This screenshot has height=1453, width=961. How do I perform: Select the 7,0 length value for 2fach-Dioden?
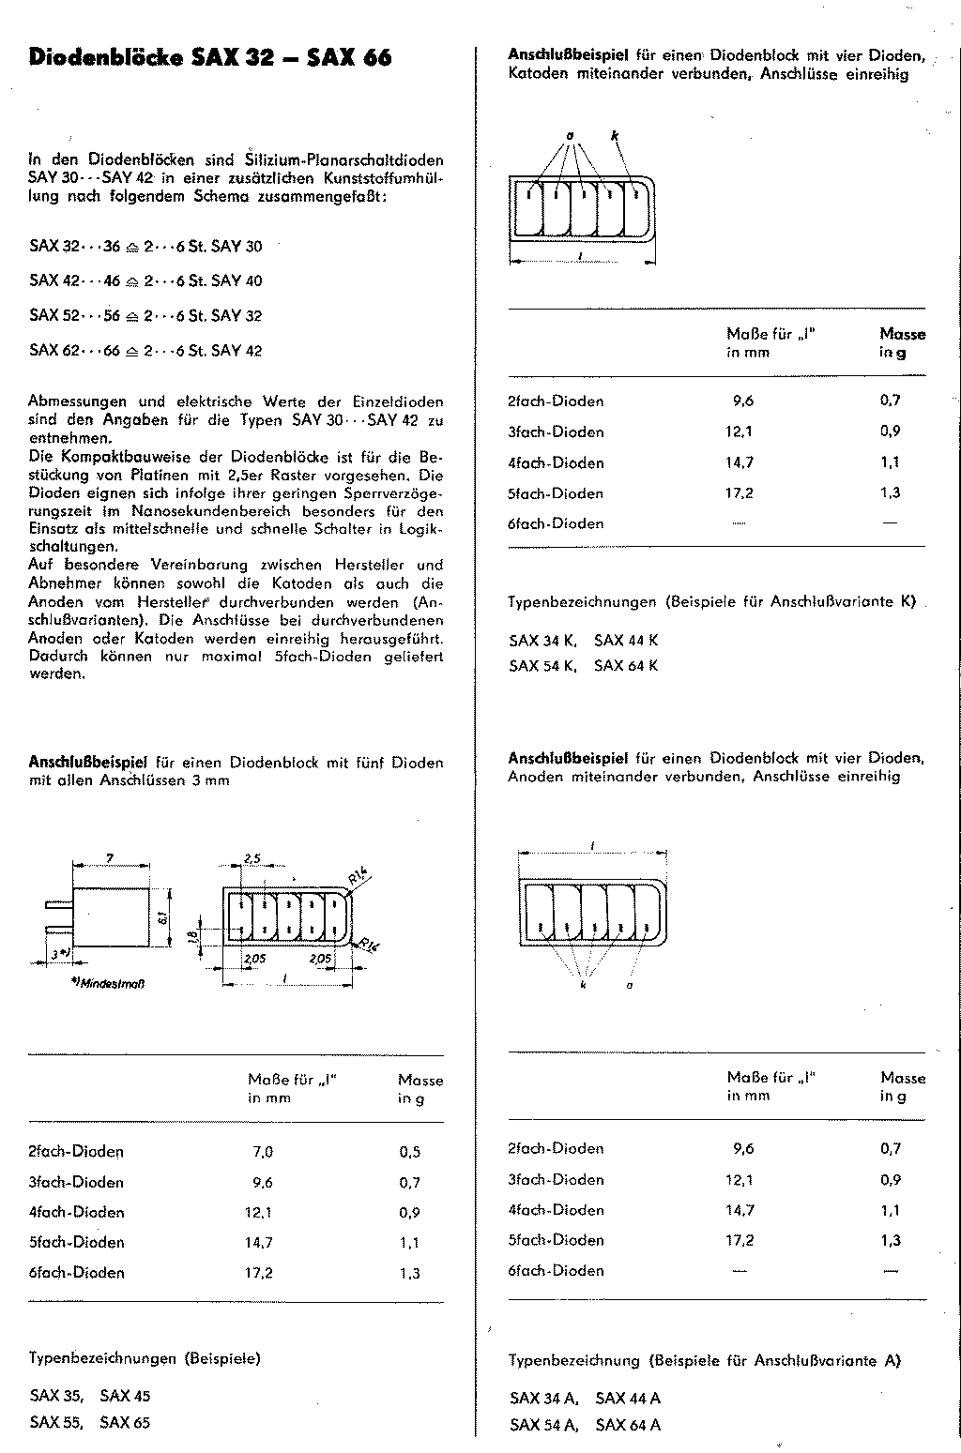pos(262,1152)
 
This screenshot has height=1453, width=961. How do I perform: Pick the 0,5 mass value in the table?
pos(410,1152)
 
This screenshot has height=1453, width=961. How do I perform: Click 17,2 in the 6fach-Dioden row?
pos(259,1273)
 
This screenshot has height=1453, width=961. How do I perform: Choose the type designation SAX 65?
pos(125,1422)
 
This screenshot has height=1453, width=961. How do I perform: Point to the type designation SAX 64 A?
pos(628,1425)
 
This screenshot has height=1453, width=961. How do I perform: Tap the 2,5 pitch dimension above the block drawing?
pos(252,859)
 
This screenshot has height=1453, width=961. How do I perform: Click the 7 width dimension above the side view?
pos(110,858)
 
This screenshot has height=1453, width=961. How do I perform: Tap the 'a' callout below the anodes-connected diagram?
pos(629,986)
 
